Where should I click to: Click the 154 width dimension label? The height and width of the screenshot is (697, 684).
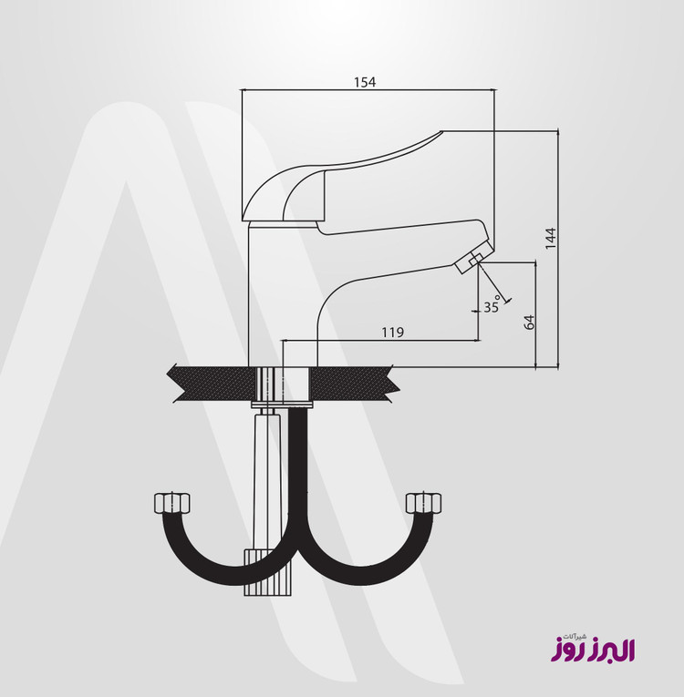(x=365, y=82)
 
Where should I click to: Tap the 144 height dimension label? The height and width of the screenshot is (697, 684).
(x=551, y=239)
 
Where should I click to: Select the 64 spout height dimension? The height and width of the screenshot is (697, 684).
(x=529, y=323)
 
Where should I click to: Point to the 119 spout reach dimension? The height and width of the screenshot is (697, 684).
(x=392, y=332)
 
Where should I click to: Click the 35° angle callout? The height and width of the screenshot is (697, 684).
(x=492, y=306)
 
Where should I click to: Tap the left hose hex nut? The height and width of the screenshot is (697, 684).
(x=171, y=503)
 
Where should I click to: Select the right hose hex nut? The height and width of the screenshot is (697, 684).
(x=424, y=503)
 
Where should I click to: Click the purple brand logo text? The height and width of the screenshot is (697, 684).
(x=593, y=650)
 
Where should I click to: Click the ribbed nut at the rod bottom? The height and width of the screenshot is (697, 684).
(x=267, y=572)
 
